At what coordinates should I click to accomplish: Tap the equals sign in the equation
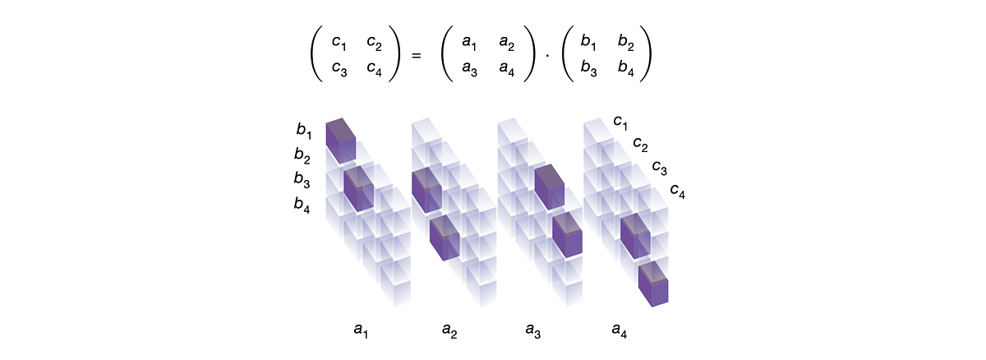coord(416,56)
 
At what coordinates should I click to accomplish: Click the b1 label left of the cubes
coord(304,129)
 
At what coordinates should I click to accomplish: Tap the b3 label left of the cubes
coord(303,179)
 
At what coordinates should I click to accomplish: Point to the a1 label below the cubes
coord(361,330)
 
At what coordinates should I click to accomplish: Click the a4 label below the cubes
coord(620,330)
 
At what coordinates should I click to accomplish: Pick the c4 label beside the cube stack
coord(678,192)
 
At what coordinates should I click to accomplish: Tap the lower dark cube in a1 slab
coord(359,187)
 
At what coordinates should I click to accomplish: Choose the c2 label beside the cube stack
coord(640,145)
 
